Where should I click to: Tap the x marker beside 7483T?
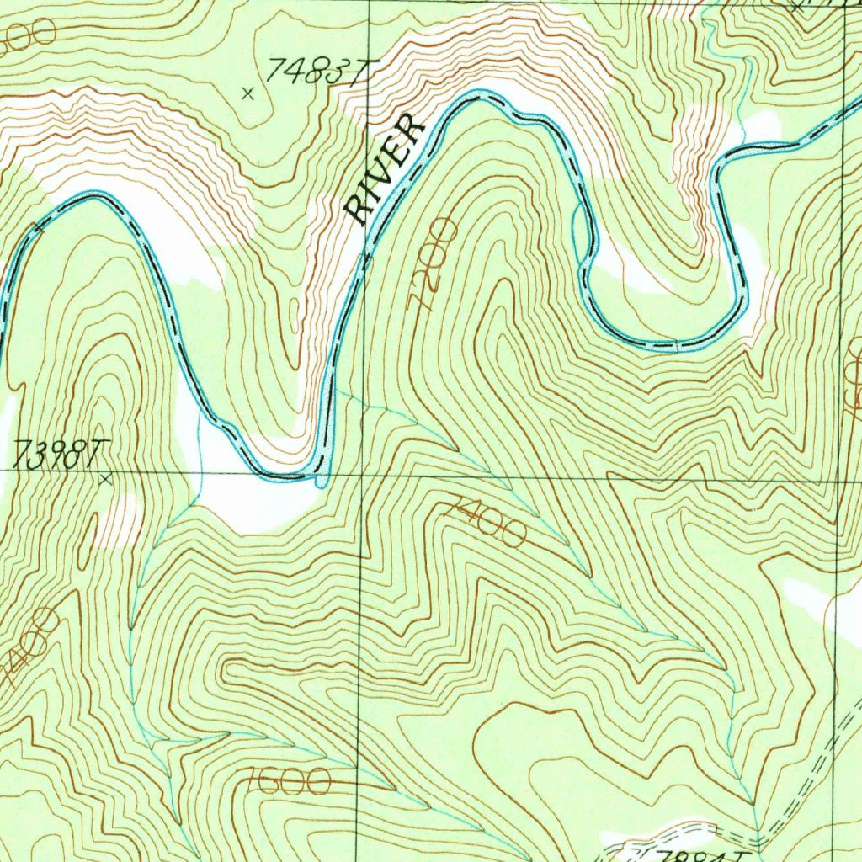pos(247,93)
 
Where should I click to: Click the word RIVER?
pos(386,171)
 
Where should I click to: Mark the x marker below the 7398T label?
pos(105,480)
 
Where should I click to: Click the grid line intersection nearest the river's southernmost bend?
pos(363,474)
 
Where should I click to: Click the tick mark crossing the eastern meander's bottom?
pos(677,344)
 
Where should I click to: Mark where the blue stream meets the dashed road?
pos(758,837)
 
